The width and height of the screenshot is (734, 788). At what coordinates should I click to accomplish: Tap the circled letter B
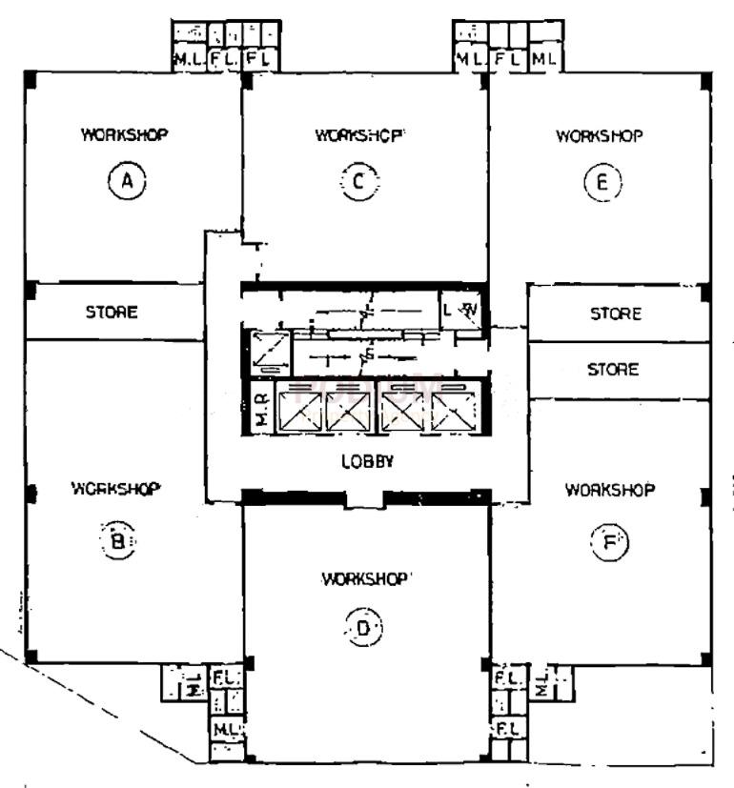[118, 541]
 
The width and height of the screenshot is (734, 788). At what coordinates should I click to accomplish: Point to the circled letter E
[602, 182]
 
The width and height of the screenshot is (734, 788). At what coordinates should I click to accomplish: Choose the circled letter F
[609, 541]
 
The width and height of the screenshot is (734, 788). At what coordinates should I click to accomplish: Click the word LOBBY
[368, 461]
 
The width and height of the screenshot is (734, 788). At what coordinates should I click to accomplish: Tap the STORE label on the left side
[112, 312]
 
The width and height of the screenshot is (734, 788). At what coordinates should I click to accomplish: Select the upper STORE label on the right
[615, 313]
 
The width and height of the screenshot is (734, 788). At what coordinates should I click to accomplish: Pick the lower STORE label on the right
[613, 369]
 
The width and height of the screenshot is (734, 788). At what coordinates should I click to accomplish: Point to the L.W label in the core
[461, 311]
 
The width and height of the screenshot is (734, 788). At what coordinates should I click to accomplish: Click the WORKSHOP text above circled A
[125, 134]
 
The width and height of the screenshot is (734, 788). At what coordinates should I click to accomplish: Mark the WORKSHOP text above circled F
[610, 490]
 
